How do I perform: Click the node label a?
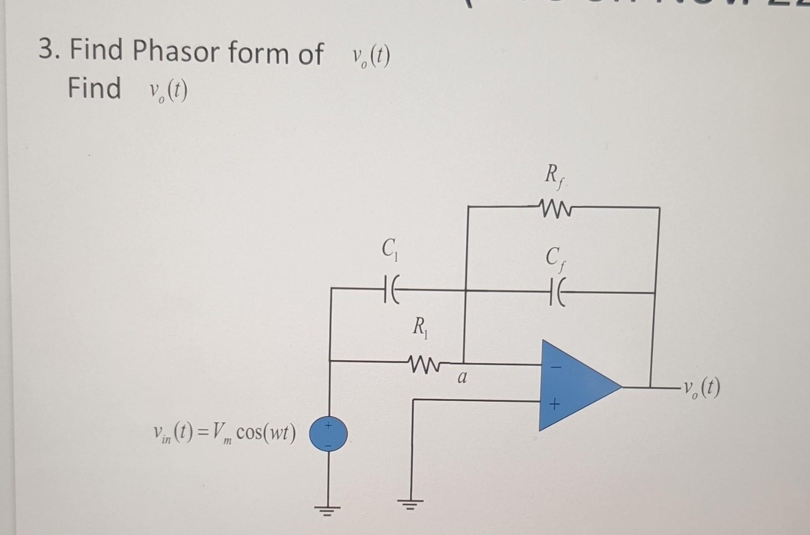462,379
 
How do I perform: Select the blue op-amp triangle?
575,385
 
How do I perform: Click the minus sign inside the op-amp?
556,368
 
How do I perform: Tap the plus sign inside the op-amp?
555,406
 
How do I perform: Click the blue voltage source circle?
328,434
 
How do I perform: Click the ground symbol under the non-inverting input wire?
412,505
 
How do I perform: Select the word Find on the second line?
94,88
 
